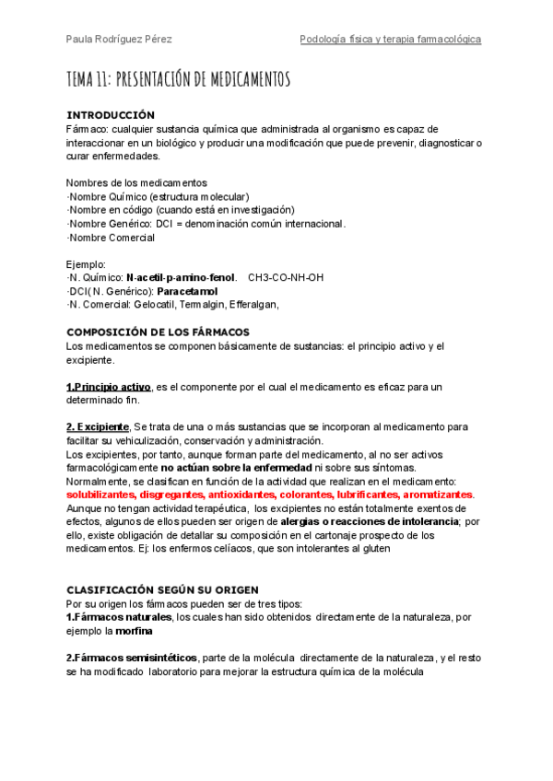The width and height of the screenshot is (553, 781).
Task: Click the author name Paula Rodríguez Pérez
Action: point(119,40)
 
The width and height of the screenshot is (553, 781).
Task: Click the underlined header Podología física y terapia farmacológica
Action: point(391,40)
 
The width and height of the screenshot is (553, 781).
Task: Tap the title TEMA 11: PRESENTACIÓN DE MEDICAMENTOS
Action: point(179,79)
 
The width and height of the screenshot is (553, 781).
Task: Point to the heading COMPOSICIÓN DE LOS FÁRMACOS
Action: point(158,332)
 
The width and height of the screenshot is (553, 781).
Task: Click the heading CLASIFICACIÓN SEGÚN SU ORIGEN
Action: point(162,589)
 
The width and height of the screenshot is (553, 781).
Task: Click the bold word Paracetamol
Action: point(187,291)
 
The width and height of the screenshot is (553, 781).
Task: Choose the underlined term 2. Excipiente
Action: point(98,426)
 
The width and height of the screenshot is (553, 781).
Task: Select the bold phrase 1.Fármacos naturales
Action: point(119,617)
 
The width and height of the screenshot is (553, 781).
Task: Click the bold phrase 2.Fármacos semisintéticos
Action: point(132,658)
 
